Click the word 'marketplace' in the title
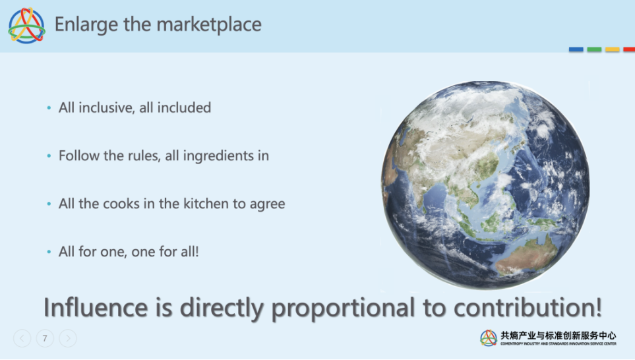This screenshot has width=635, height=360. [210, 24]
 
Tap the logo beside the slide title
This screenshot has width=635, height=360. [27, 26]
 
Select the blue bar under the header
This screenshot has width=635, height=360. [576, 49]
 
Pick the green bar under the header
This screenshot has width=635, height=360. [594, 49]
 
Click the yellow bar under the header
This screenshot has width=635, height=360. [613, 49]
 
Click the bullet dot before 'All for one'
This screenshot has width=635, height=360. [49, 252]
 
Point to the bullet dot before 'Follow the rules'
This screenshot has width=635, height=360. [49, 156]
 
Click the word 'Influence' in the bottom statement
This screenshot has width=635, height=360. [96, 307]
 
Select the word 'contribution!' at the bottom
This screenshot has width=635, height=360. [528, 307]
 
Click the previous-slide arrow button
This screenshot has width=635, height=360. [22, 338]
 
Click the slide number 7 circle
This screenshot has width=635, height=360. [45, 338]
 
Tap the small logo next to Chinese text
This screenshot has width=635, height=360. [489, 338]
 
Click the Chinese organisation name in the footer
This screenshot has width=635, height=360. [559, 336]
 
